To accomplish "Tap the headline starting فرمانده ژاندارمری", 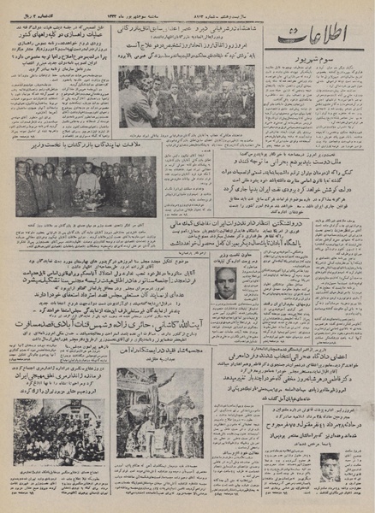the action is click(56, 377).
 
